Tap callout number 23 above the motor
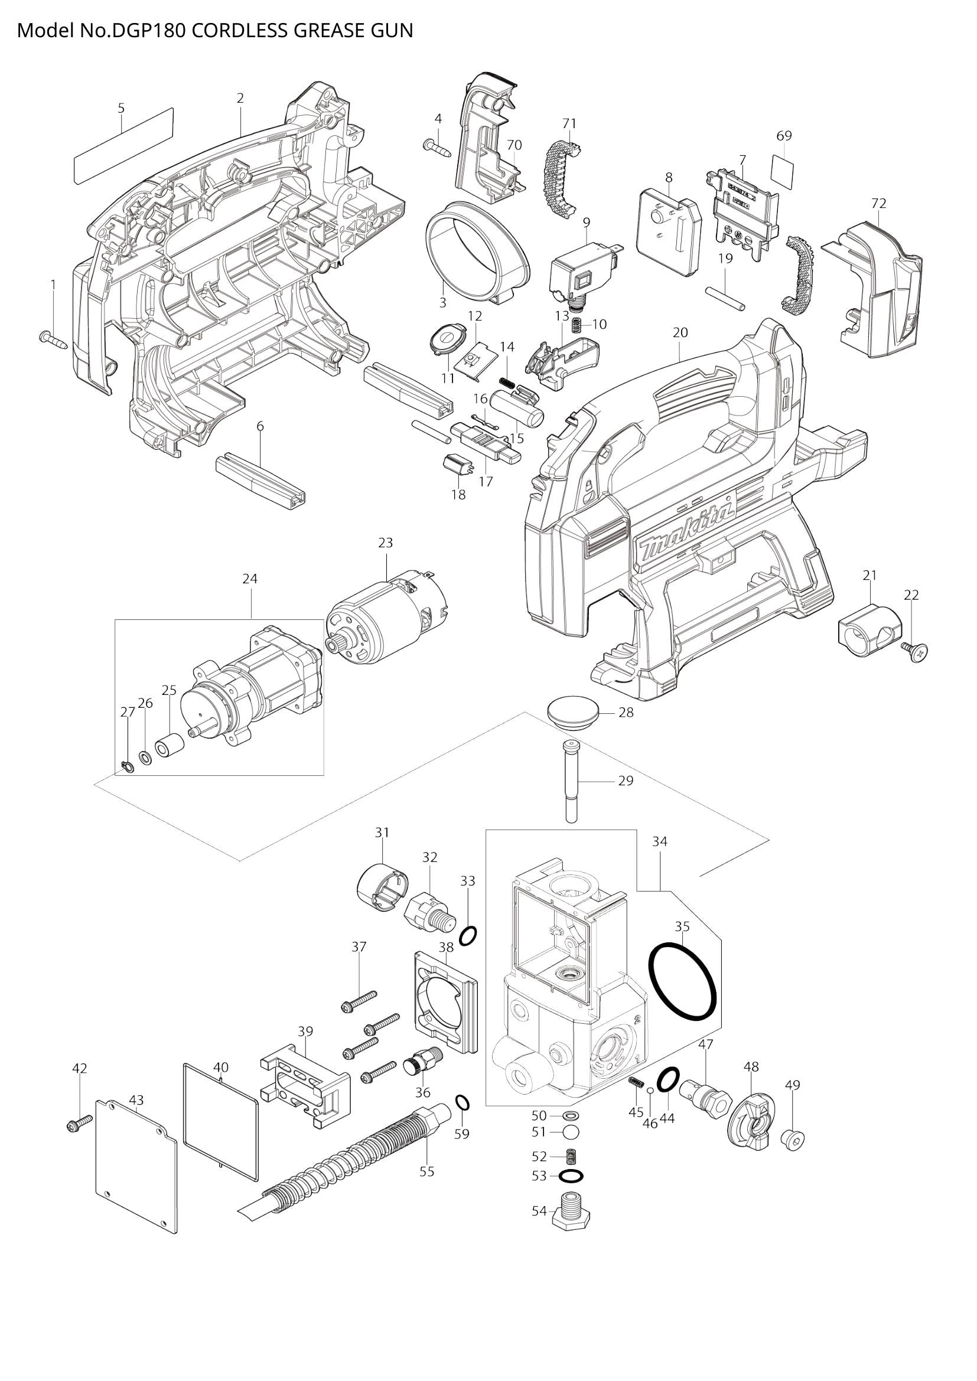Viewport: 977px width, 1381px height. pyautogui.click(x=386, y=543)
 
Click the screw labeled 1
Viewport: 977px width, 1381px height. pyautogui.click(x=53, y=339)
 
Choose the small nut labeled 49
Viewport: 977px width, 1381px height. pyautogui.click(x=792, y=1138)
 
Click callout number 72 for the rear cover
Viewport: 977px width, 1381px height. pyautogui.click(x=878, y=203)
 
